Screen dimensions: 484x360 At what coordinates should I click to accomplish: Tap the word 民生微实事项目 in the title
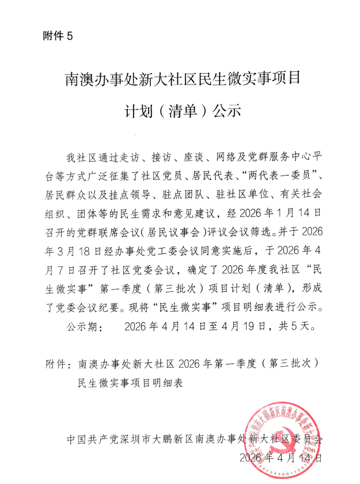click(x=249, y=78)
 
